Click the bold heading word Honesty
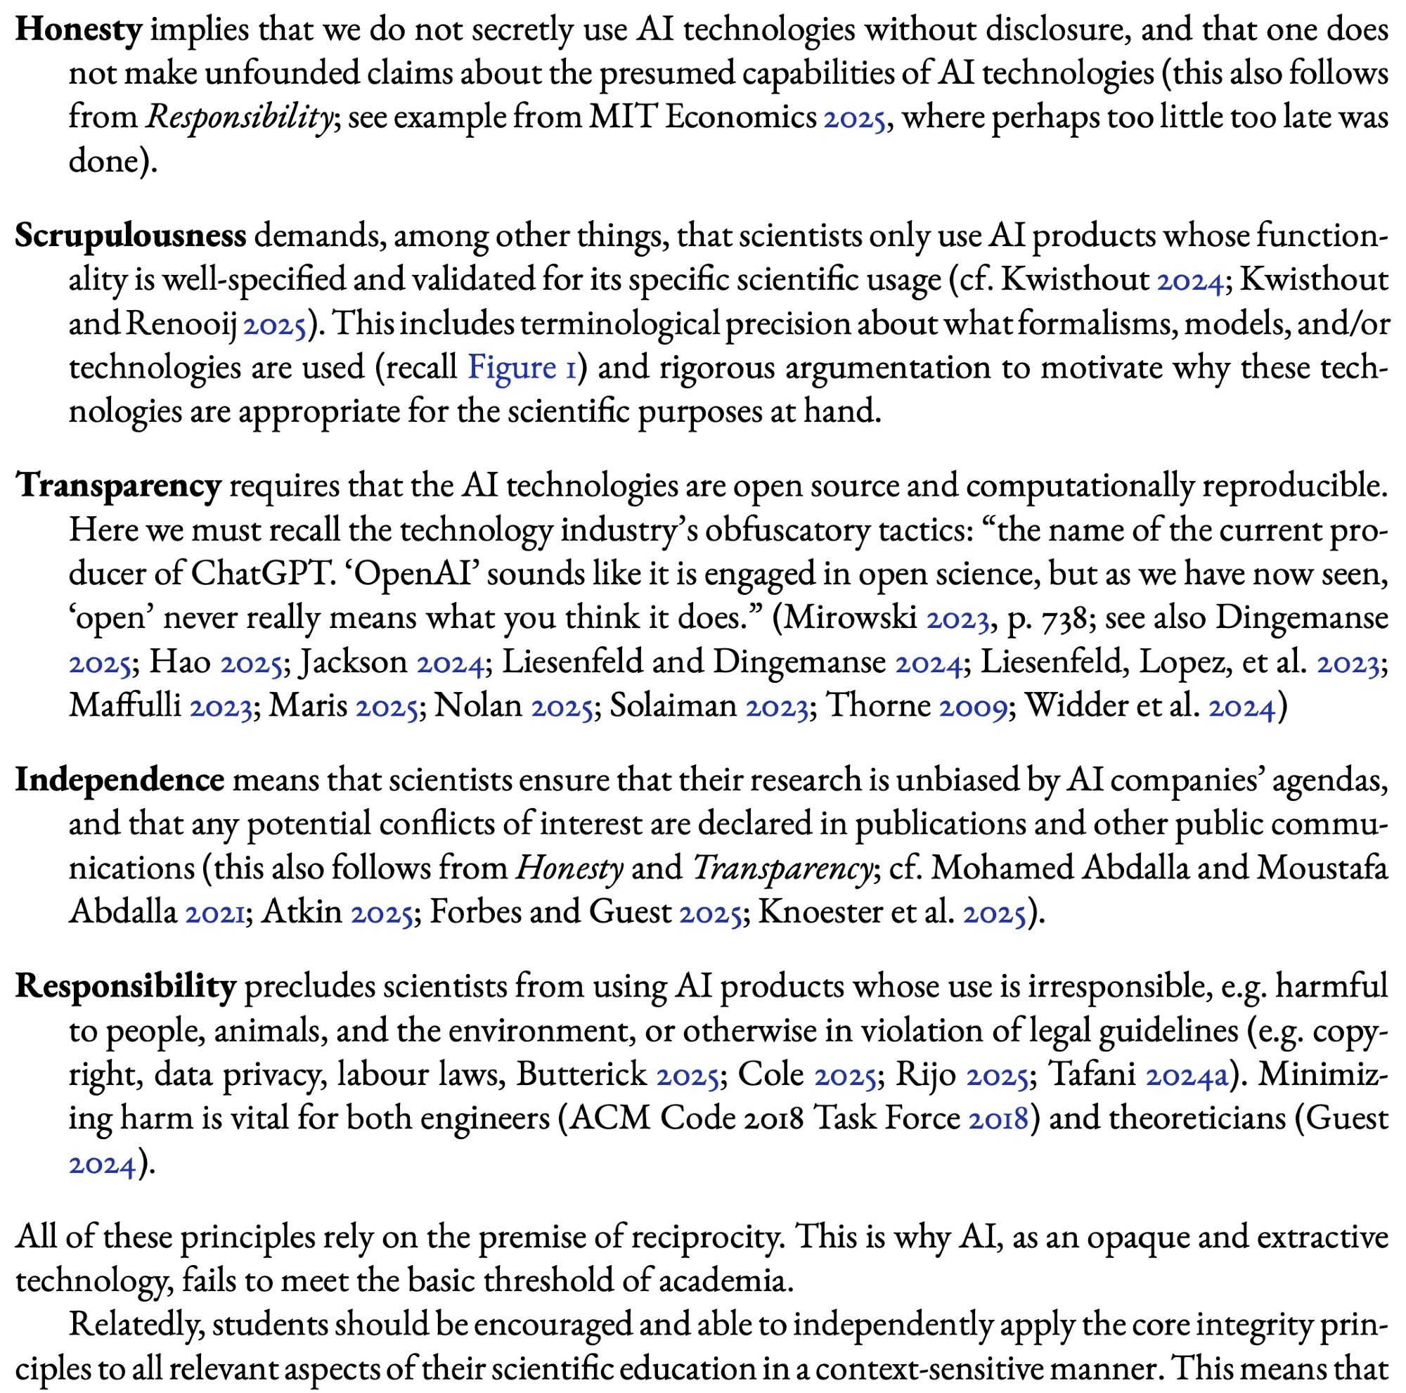coord(79,30)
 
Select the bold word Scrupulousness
coord(131,236)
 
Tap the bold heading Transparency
coord(119,485)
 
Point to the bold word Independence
coord(120,779)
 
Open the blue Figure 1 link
coord(522,368)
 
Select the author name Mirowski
coord(850,618)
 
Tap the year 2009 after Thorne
coord(976,706)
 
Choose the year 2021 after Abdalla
coord(214,912)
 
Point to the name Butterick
coord(581,1074)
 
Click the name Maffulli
coord(125,706)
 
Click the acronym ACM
coord(599,1118)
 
